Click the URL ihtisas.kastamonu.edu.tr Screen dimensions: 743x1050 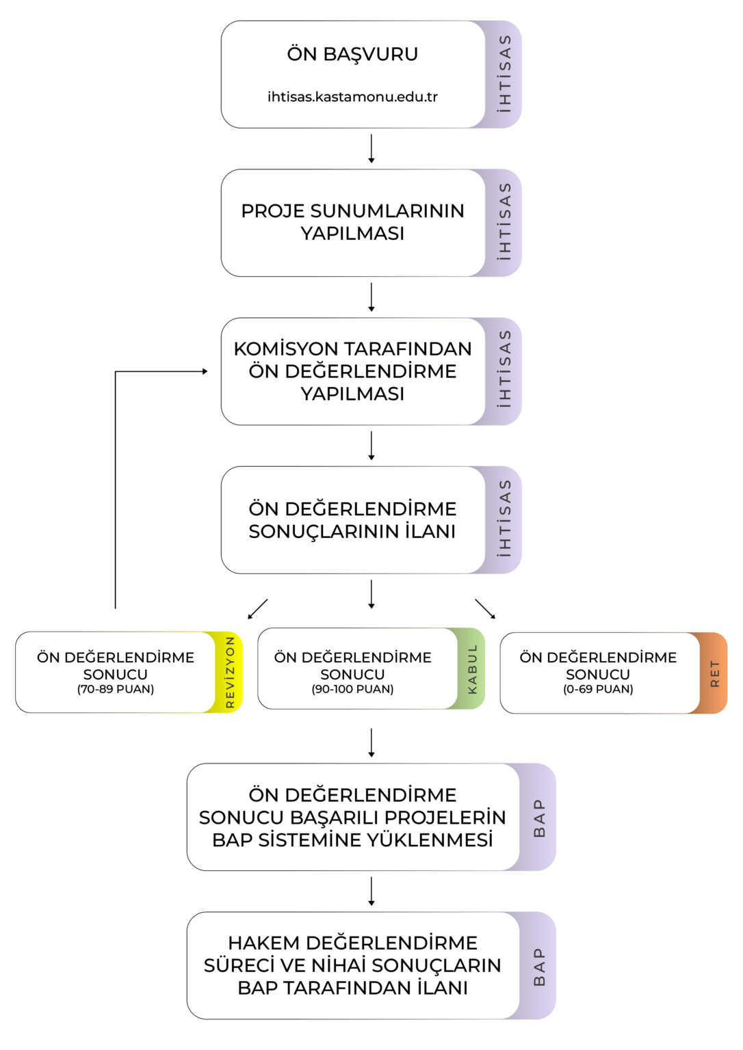point(352,97)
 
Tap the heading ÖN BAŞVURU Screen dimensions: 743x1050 point(352,54)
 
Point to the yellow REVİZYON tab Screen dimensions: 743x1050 point(229,672)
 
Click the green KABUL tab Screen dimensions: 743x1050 point(472,669)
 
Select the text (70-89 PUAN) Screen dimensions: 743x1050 point(116,689)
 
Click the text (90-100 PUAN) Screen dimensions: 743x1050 point(352,689)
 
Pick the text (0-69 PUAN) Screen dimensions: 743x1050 point(598,689)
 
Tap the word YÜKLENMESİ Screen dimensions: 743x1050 point(429,839)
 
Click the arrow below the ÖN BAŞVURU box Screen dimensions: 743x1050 point(371,148)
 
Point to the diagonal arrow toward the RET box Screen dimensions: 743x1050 point(485,609)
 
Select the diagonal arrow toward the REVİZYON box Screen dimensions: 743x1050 point(257,609)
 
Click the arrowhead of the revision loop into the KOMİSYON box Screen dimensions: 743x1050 point(205,371)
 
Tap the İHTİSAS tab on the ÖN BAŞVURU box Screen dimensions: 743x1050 point(504,74)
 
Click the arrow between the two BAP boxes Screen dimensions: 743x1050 point(371,891)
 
